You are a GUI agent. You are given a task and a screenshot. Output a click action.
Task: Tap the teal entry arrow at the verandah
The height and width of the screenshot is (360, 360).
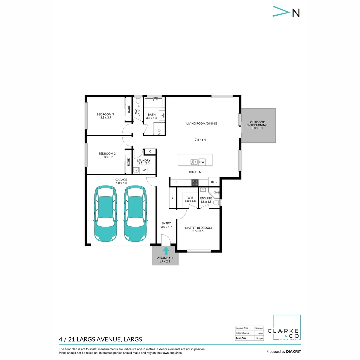tap(166, 251)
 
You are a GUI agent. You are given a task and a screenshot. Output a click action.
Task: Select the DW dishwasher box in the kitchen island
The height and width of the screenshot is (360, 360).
tap(202, 162)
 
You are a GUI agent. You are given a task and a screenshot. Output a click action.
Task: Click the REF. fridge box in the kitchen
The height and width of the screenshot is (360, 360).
tap(214, 182)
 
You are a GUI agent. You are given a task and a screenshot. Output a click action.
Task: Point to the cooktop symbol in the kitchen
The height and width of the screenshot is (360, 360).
tap(195, 182)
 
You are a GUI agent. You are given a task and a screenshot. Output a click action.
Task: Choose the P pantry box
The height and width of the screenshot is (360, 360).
tap(177, 183)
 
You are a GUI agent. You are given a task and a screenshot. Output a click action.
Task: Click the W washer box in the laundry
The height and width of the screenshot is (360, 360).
tap(144, 170)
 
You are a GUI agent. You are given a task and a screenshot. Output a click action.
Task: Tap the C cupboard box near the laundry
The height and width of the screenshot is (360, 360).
tap(150, 152)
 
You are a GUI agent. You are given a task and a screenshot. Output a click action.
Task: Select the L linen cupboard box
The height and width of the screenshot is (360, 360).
tap(172, 198)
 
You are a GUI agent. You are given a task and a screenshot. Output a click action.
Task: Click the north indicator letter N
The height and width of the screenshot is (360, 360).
tap(296, 13)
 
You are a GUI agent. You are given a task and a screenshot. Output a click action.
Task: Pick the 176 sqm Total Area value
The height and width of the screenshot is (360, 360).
tap(259, 338)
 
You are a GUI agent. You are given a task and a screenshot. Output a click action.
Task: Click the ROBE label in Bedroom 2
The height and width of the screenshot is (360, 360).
tap(128, 162)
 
